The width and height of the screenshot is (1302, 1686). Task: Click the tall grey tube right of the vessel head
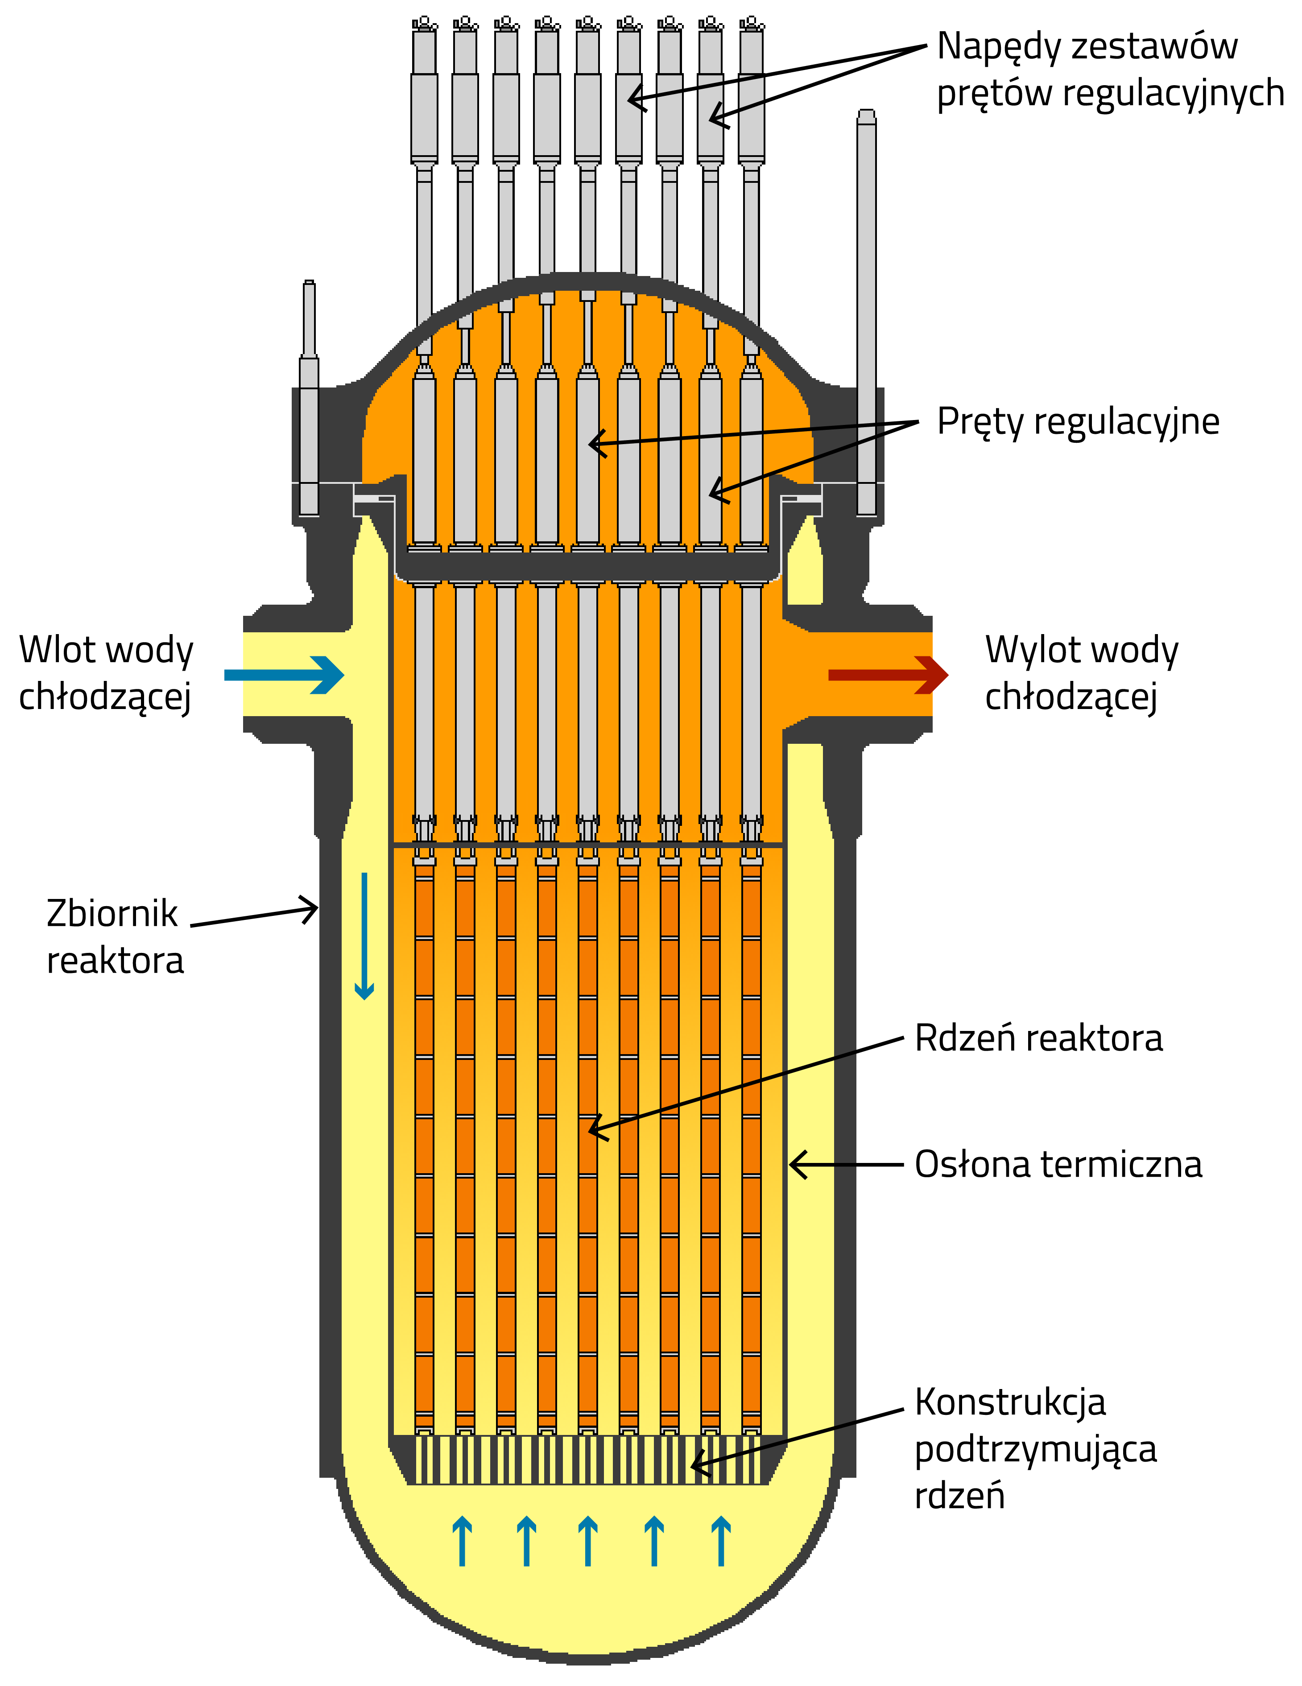pos(867,309)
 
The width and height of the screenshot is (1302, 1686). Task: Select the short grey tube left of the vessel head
pos(309,398)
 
